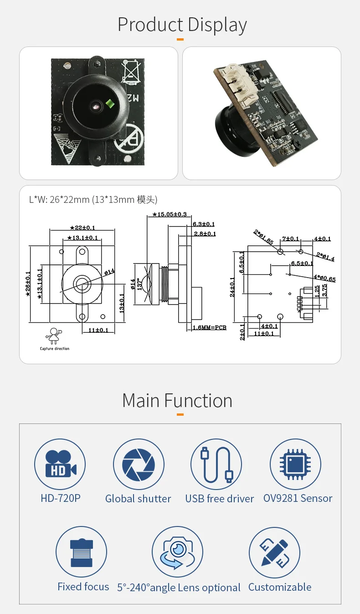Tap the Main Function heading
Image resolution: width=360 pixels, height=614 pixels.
(x=177, y=401)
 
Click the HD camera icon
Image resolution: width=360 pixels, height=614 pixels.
(x=60, y=464)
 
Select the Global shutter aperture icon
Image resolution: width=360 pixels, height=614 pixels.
(x=139, y=464)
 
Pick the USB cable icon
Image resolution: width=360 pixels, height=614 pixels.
(x=216, y=464)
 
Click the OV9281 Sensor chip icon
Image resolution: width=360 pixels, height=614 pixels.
(x=295, y=464)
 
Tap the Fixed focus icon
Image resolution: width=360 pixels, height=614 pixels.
(x=81, y=552)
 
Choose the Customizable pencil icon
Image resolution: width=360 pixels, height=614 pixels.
(x=274, y=552)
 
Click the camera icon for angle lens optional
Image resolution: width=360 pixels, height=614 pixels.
(x=177, y=552)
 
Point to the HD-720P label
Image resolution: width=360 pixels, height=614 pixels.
(x=60, y=498)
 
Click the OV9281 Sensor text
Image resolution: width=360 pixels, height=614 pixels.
(x=298, y=498)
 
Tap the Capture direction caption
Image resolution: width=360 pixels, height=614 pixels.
(x=55, y=349)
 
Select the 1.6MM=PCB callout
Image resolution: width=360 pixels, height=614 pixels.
(x=209, y=328)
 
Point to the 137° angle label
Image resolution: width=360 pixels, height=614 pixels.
(x=139, y=284)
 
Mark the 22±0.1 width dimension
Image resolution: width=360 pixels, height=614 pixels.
(x=83, y=227)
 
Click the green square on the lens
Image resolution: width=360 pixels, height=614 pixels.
(x=109, y=103)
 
